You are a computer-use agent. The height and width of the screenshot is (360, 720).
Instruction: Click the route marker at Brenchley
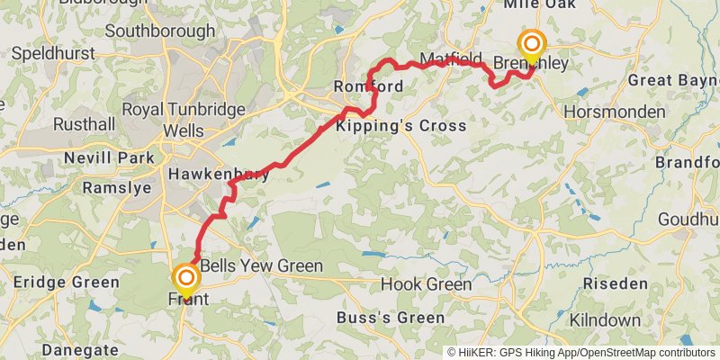tap(532, 45)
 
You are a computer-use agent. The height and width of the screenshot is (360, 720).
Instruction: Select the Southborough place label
tap(160, 31)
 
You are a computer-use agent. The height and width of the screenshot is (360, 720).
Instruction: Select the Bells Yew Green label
tap(261, 266)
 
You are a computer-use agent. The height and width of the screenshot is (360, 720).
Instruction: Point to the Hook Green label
tap(426, 284)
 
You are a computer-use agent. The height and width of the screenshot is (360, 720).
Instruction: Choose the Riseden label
tap(616, 283)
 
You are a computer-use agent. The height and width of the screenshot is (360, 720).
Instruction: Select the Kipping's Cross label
tap(401, 125)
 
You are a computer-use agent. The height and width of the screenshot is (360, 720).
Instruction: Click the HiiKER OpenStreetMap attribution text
tap(582, 352)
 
